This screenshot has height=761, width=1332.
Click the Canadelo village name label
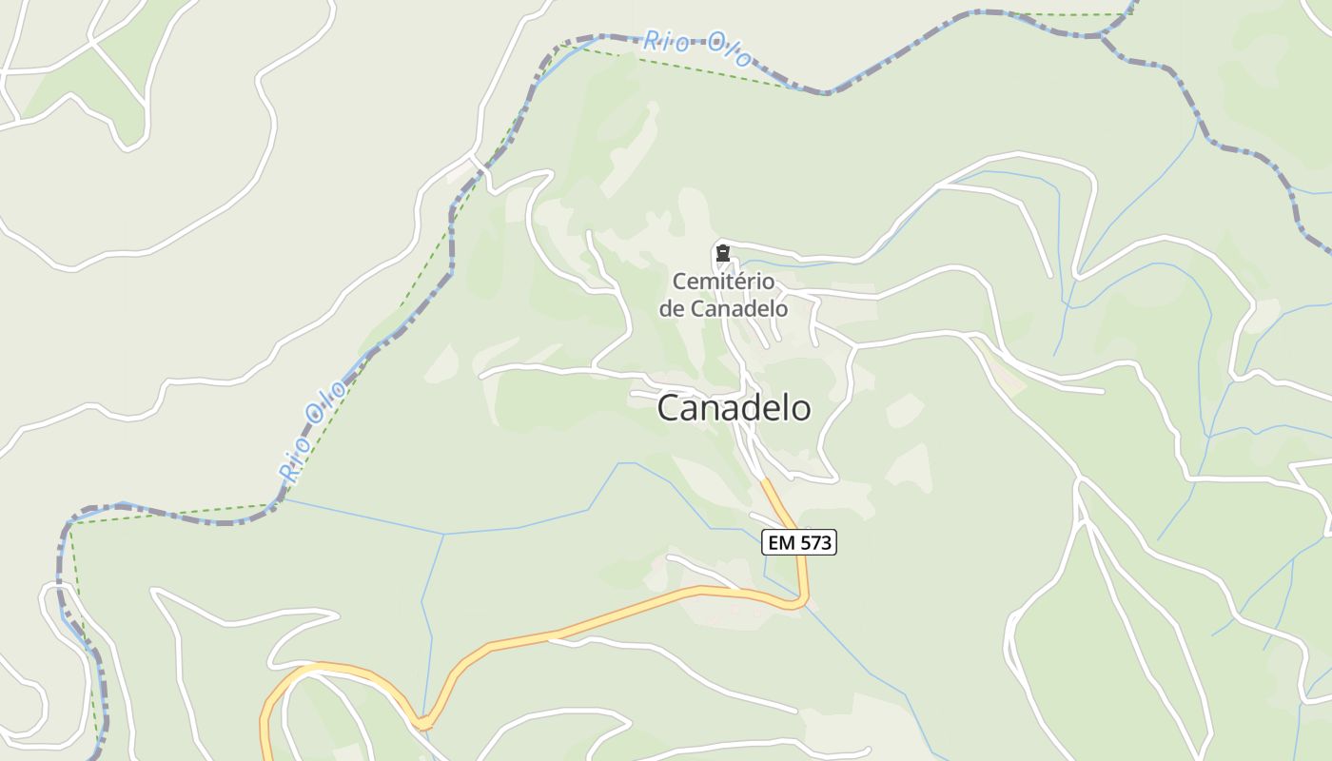click(734, 408)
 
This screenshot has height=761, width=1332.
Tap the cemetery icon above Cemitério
click(723, 254)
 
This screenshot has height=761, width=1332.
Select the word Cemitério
click(723, 282)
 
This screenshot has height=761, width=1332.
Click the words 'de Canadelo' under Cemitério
click(723, 308)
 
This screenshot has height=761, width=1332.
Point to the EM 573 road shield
click(799, 543)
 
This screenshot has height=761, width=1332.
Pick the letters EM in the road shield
click(780, 543)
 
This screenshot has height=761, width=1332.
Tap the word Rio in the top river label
click(665, 41)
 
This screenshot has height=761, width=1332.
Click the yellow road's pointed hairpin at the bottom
click(422, 724)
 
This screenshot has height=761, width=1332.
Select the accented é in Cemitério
click(738, 282)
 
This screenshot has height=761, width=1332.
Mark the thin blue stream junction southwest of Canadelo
click(443, 534)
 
